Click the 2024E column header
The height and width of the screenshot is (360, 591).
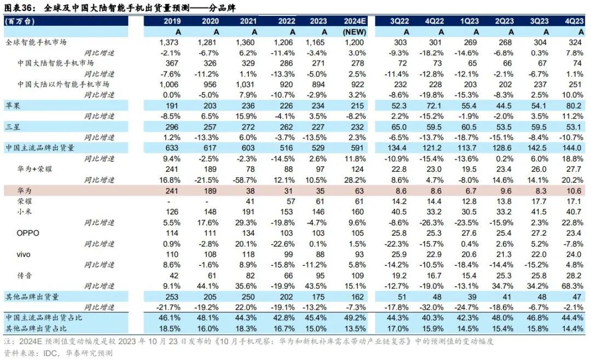[355, 21]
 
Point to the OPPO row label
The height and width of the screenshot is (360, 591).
[29, 233]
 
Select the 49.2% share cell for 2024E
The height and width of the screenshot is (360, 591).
[355, 318]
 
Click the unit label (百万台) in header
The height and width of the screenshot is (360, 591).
[18, 21]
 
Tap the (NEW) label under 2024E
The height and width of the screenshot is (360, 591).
[355, 32]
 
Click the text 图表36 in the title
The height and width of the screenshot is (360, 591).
[18, 7]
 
